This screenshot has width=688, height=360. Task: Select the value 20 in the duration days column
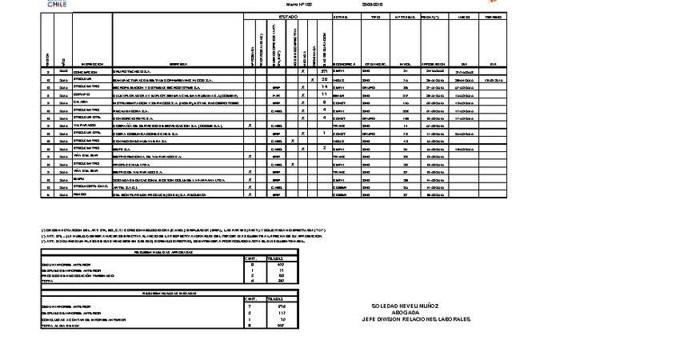point(324,79)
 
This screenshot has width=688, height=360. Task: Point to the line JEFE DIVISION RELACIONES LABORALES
point(416,319)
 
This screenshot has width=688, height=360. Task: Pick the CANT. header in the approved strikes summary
point(250,258)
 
